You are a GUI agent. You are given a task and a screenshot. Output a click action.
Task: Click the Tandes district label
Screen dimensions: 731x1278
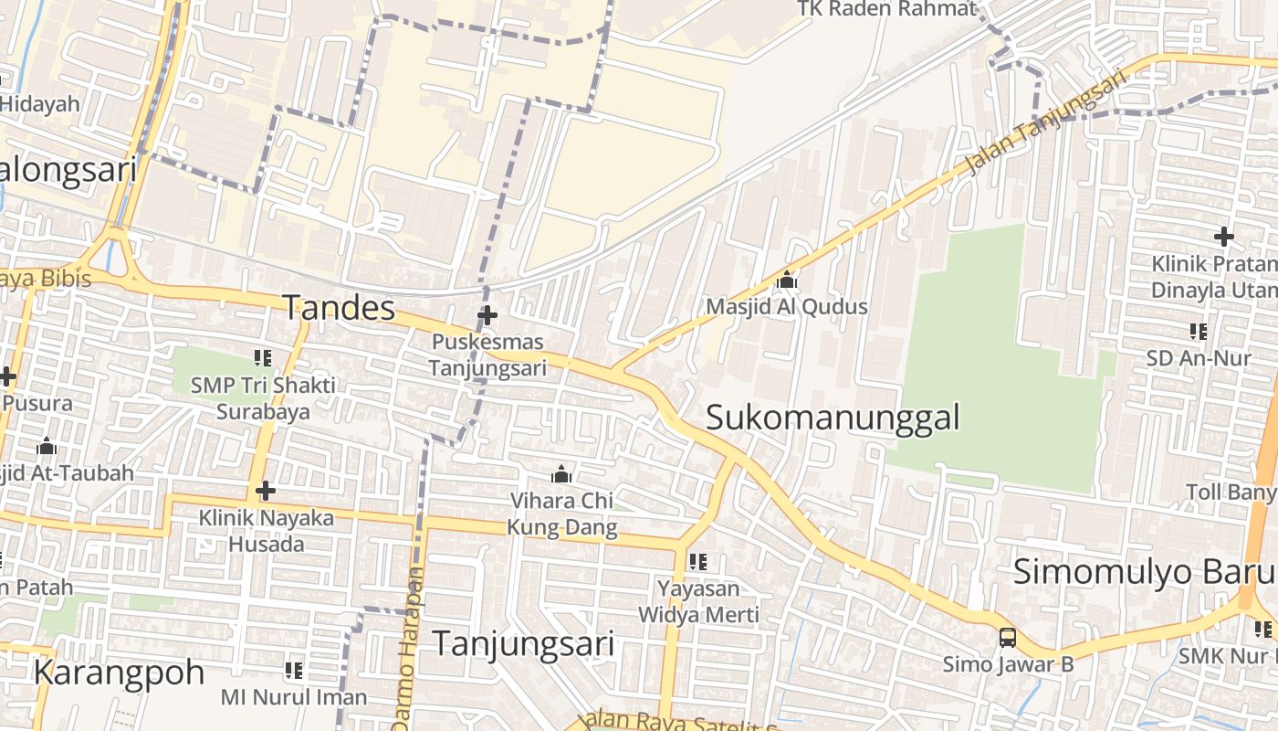point(339,308)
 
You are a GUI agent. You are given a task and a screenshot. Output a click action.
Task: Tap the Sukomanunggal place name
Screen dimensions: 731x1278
point(833,418)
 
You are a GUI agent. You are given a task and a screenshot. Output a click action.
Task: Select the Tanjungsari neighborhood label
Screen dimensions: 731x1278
point(523,643)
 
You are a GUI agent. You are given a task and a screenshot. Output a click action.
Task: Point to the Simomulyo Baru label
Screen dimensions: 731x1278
point(1144,572)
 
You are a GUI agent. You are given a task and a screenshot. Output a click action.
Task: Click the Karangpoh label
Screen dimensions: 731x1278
point(119,673)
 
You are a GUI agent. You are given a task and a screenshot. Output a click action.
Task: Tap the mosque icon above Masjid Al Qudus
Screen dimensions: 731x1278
point(787,280)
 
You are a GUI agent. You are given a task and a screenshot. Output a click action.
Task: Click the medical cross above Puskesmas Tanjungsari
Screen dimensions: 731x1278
point(487,316)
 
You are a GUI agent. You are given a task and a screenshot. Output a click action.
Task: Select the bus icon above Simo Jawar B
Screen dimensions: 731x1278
point(1008,638)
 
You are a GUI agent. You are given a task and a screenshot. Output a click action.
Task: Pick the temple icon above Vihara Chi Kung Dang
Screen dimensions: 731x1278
point(561,474)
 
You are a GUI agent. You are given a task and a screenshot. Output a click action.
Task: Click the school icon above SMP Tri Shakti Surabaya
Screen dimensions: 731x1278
point(263,358)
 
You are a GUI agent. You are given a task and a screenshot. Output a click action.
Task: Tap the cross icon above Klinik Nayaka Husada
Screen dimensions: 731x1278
point(266,491)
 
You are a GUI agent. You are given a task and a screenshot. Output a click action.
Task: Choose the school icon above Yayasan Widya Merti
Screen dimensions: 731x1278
point(698,561)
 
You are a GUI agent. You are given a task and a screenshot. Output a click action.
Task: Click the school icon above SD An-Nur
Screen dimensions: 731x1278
point(1199,331)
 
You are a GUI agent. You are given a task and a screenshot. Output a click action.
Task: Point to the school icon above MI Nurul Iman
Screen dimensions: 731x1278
point(294,671)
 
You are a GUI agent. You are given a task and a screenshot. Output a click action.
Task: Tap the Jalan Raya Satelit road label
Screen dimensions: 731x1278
point(680,722)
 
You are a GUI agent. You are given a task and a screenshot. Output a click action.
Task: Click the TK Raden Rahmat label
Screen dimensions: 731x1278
point(886,9)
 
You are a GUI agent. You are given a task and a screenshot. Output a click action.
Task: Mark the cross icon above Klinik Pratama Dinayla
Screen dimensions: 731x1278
point(1223,238)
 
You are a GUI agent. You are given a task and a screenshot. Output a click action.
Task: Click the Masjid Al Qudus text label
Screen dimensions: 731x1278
point(787,307)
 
